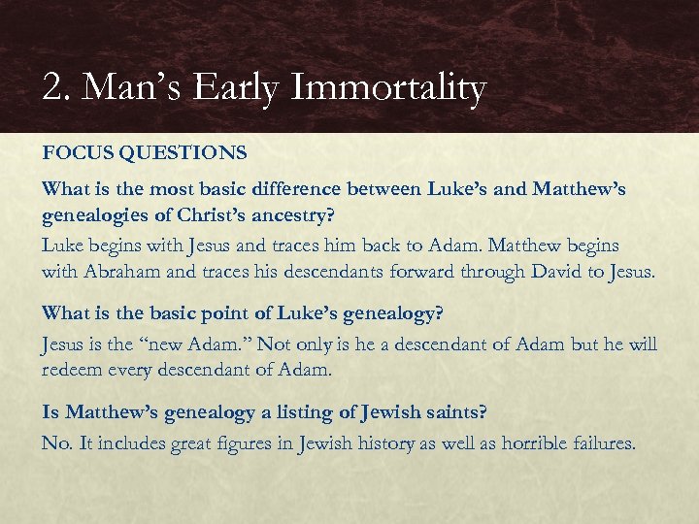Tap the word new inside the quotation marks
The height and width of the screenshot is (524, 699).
189,344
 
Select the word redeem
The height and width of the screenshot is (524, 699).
72,370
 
